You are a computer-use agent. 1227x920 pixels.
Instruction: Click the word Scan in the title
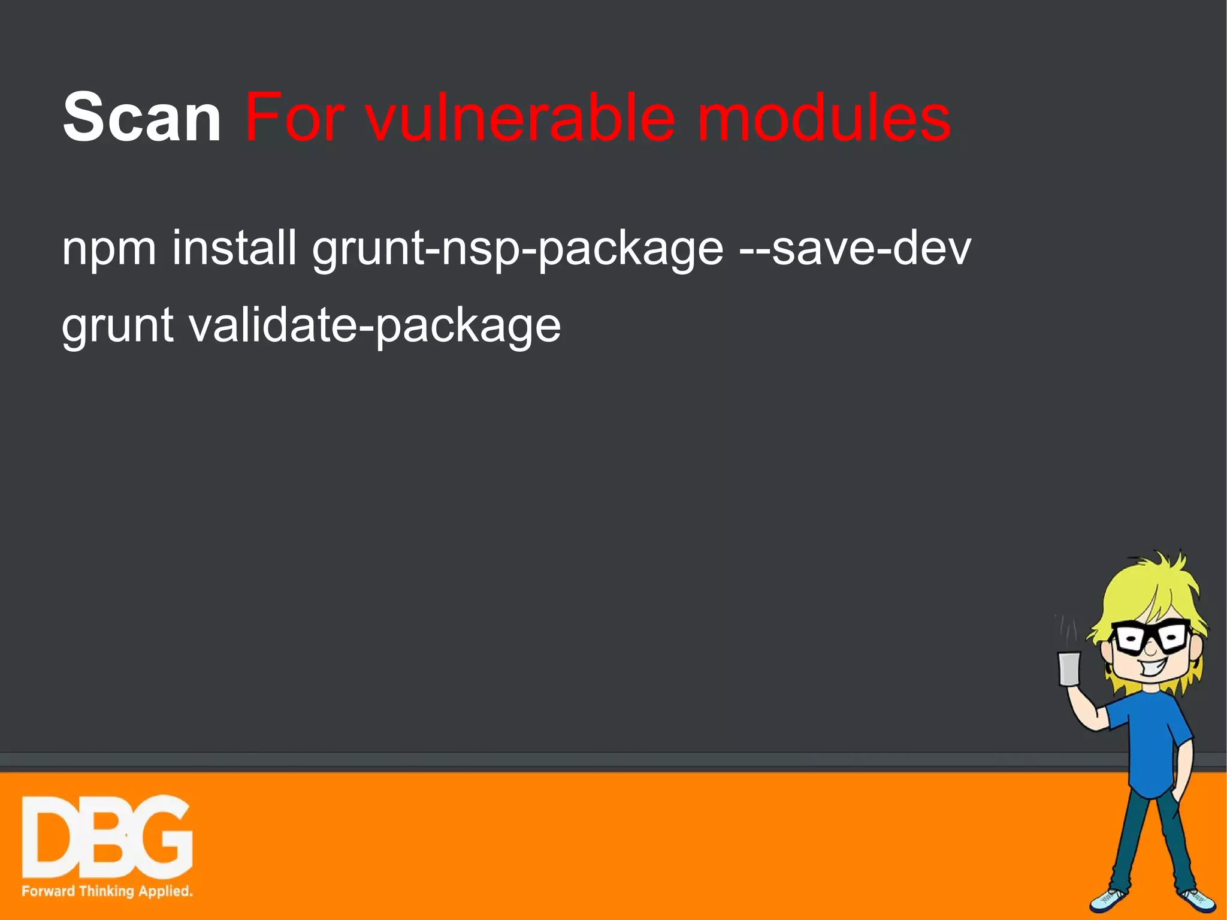[x=142, y=117]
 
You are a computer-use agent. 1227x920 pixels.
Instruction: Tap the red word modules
[x=824, y=117]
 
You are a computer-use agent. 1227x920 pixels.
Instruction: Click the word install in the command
[x=234, y=247]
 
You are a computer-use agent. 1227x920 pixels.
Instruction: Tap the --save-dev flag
[x=855, y=247]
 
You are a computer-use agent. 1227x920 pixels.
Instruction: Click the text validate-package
[x=375, y=325]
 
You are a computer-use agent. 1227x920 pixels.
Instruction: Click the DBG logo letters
[x=107, y=837]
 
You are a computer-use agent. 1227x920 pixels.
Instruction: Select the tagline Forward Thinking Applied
[x=107, y=891]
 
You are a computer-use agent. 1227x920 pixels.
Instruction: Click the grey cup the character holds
[x=1069, y=668]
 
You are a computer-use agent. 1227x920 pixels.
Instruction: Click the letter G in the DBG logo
[x=162, y=837]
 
